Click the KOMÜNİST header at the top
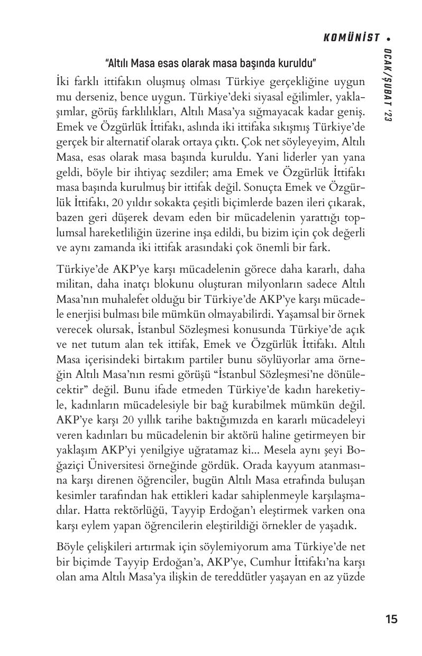352,38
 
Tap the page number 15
391,619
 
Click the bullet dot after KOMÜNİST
389,38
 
